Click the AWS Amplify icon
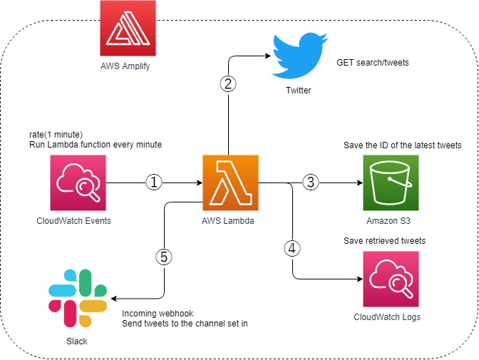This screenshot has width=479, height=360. tap(125, 29)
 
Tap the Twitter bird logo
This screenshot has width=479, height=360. tap(298, 56)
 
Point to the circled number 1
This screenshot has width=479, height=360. tap(155, 182)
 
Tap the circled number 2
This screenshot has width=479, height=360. tap(227, 83)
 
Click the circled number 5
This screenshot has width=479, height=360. tap(164, 258)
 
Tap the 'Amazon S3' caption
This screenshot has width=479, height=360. tap(388, 220)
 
